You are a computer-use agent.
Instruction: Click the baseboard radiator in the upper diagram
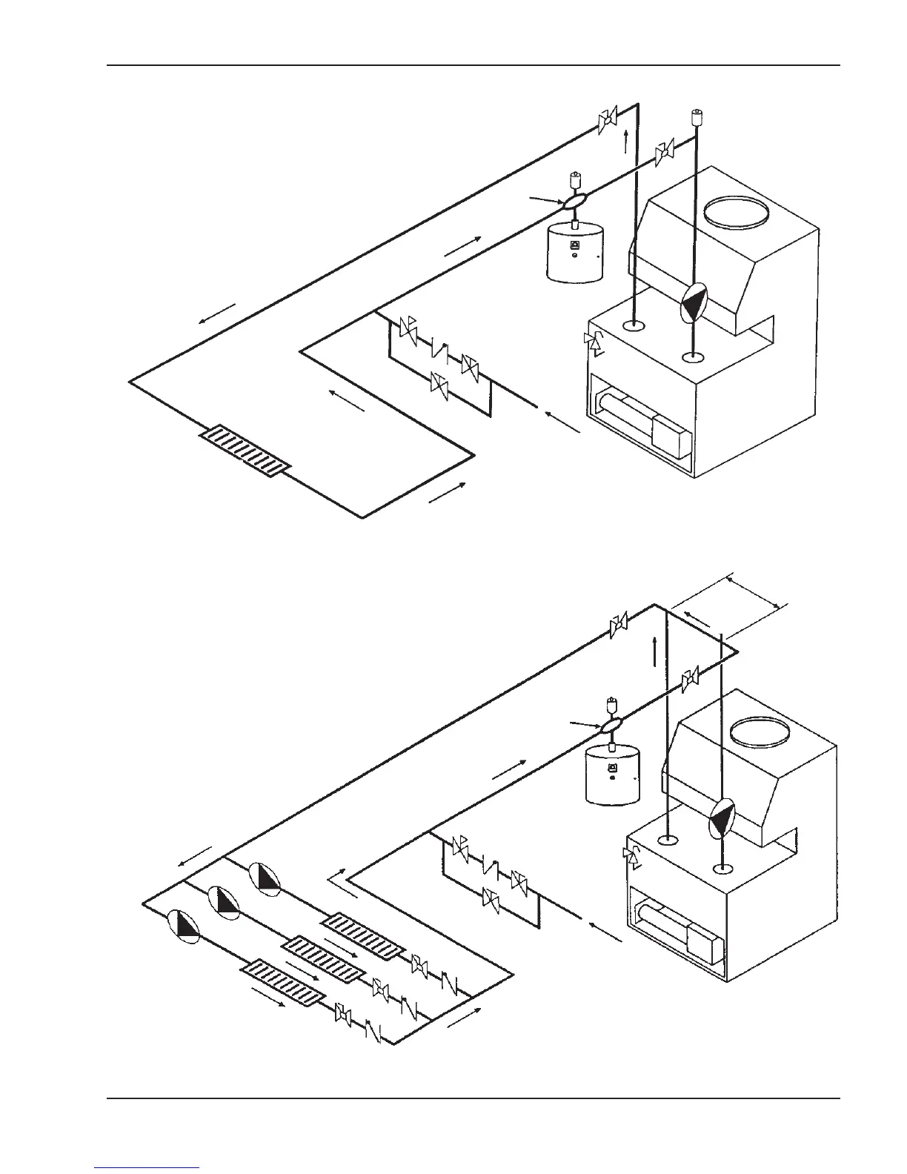(245, 451)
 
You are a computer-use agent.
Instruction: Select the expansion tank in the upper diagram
(574, 253)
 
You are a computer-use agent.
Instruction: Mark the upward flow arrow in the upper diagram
(626, 140)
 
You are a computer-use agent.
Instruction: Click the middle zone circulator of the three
(224, 901)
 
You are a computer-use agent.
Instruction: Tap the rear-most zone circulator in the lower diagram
(264, 878)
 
